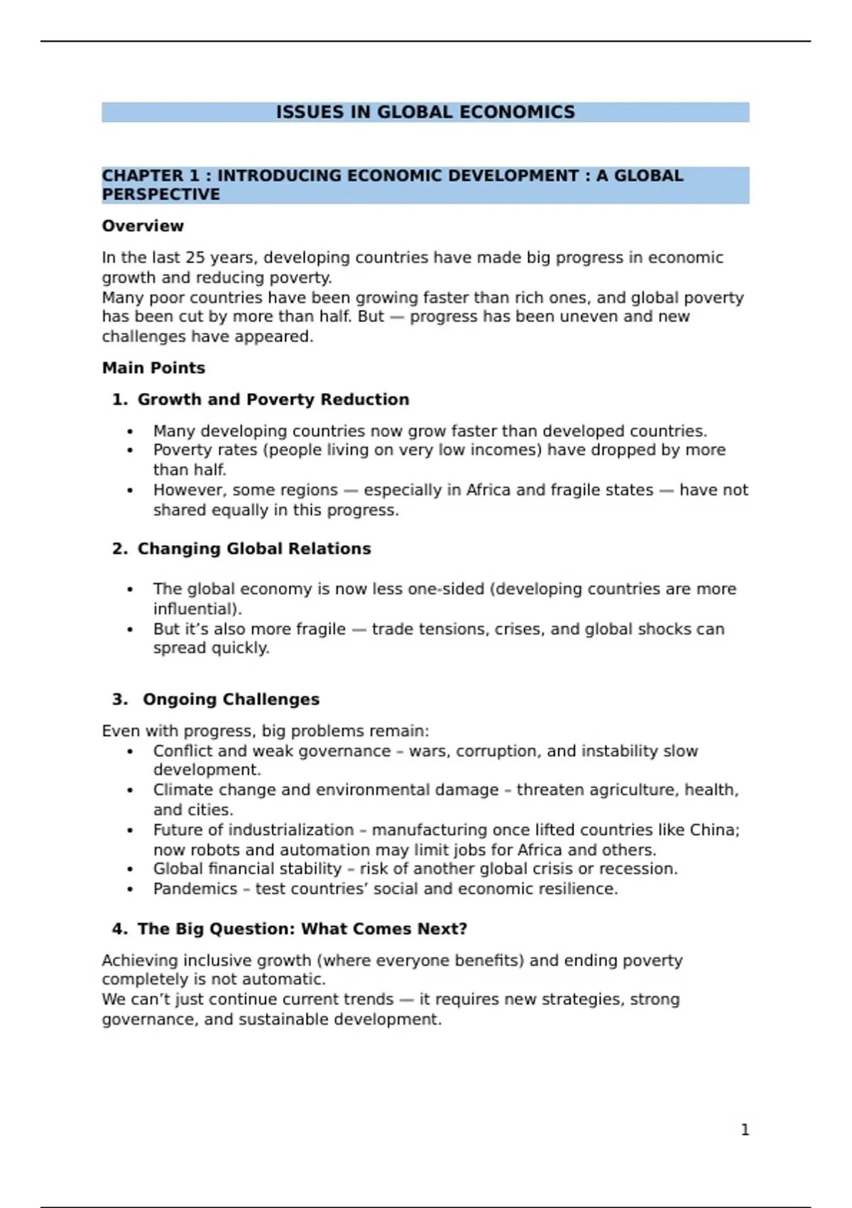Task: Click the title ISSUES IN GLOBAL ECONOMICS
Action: [x=425, y=112]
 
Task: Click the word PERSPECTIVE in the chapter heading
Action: [x=160, y=195]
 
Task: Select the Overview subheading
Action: [x=143, y=226]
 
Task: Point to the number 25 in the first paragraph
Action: [x=195, y=257]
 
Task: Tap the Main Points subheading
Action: [x=153, y=368]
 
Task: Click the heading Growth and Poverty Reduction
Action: [x=273, y=399]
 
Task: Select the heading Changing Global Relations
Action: [x=254, y=549]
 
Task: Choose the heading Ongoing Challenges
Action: [x=231, y=699]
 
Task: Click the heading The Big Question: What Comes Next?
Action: [x=302, y=929]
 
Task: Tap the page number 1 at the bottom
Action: [x=745, y=1130]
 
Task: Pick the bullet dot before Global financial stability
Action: [x=130, y=870]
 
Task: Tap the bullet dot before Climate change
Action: [x=130, y=790]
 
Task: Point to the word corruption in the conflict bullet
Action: [x=496, y=751]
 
